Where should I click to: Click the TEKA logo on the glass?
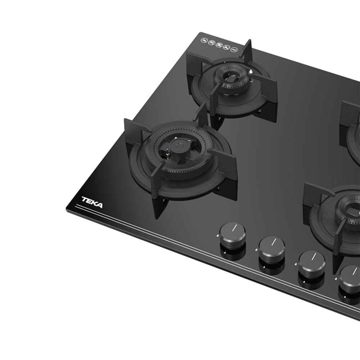92,202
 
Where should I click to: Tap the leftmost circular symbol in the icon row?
203,41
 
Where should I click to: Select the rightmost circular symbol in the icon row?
234,49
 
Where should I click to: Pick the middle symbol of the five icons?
219,45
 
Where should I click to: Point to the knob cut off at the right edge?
350,277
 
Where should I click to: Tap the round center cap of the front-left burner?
178,145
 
